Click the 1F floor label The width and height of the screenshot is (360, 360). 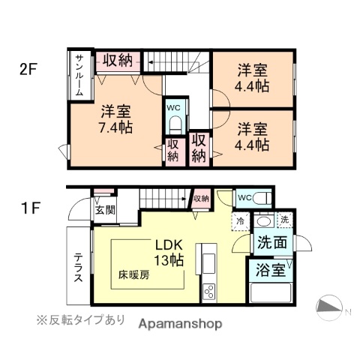[28, 204]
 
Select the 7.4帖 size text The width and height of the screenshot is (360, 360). [116, 128]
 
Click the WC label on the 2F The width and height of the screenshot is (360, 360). [173, 107]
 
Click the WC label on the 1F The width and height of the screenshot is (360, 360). [244, 197]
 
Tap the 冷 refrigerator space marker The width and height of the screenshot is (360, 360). [240, 220]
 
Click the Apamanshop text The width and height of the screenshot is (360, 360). [180, 324]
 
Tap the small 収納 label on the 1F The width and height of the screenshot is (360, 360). [200, 198]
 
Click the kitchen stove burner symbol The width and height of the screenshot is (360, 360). [208, 290]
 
